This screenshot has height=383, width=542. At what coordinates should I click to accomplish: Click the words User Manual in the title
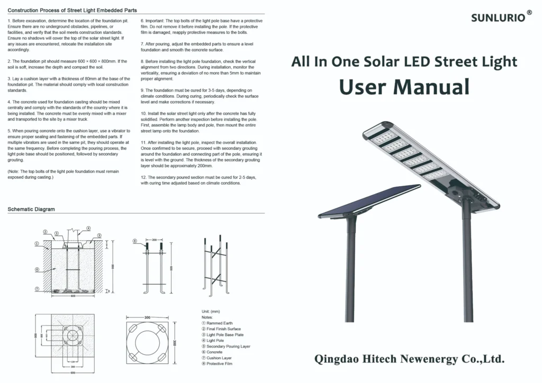coord(404,86)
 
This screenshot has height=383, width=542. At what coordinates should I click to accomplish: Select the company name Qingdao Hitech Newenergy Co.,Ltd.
coord(410,359)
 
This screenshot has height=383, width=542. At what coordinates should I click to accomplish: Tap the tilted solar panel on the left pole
coord(370,201)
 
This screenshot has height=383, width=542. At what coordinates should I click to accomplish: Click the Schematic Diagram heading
coord(31,209)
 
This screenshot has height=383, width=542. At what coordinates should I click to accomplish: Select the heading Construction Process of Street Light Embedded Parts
coord(73,11)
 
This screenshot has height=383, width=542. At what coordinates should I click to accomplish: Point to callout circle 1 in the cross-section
coord(37,244)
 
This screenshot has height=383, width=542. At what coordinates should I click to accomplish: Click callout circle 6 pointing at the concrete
coord(37,269)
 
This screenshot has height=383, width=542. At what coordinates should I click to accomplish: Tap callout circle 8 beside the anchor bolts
coord(135,241)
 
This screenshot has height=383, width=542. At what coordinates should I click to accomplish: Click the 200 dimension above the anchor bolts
coord(154,240)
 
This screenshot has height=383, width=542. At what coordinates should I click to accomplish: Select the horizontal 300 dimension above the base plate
coord(147,317)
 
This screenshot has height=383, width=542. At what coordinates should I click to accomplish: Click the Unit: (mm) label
coord(211,311)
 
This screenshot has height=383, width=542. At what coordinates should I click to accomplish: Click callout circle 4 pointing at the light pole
coord(88,228)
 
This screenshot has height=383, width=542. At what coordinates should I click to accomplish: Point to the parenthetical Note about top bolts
coord(64,175)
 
